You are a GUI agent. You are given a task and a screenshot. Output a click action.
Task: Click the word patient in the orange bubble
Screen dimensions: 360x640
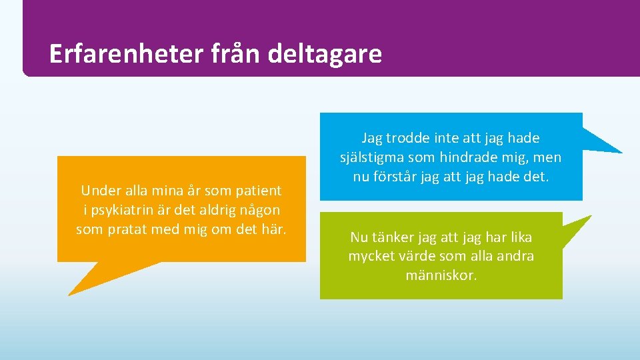tap(258, 191)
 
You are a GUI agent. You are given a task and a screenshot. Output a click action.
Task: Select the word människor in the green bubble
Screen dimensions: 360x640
tap(441, 275)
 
